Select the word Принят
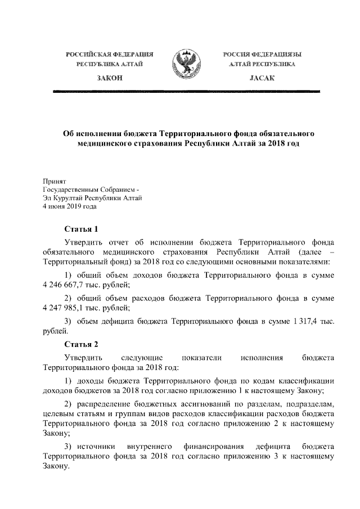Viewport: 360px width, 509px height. click(x=55, y=181)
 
